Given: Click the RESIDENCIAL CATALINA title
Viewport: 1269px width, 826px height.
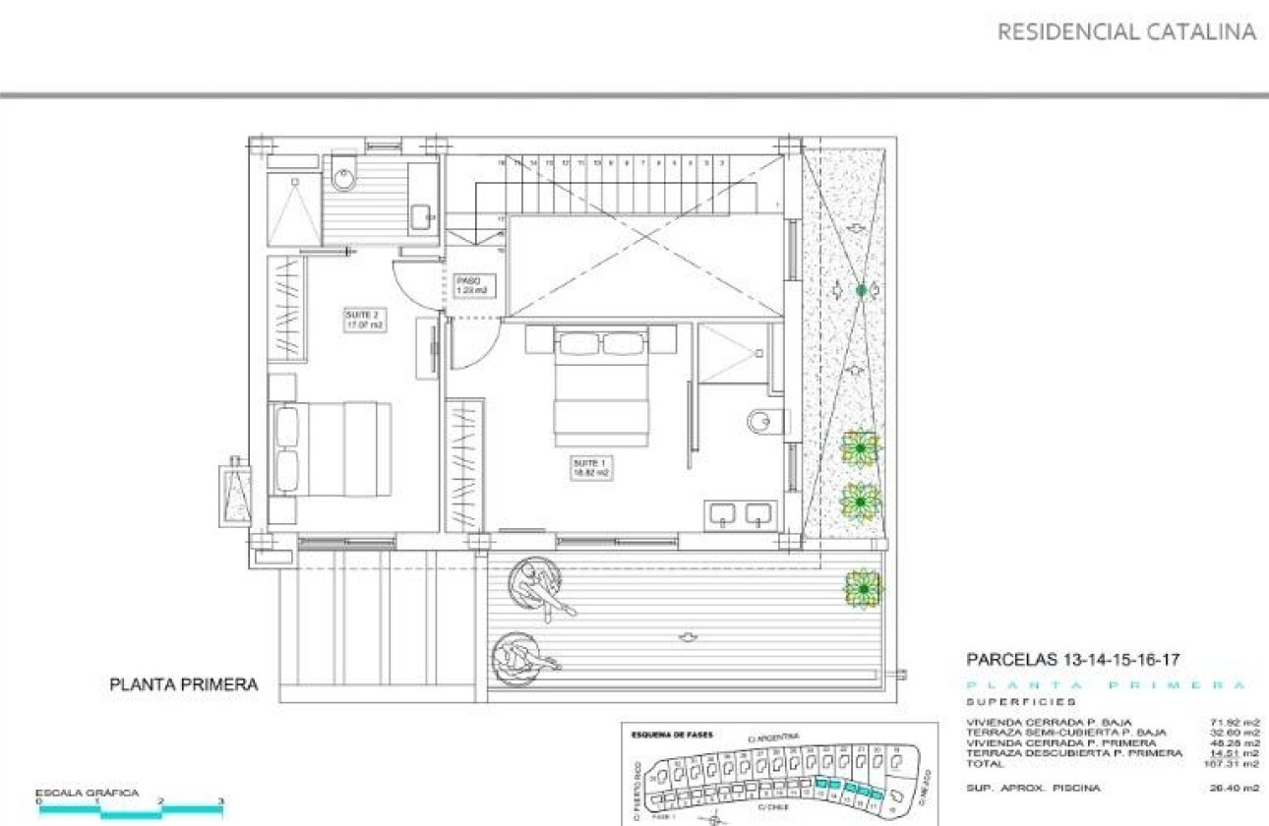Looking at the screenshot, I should tap(1126, 31).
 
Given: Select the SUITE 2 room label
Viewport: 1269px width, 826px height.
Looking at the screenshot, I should tap(362, 321).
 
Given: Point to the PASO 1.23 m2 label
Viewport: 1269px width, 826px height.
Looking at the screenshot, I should tap(471, 285).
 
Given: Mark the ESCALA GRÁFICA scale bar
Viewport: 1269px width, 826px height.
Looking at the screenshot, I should tap(131, 808).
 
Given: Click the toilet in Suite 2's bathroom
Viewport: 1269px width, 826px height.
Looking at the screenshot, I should tap(343, 174).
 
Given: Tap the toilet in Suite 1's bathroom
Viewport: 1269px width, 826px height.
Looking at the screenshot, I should tap(762, 422).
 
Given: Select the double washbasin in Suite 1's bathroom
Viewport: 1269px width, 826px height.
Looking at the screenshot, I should tap(739, 513).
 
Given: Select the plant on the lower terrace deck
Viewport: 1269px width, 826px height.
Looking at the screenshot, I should tap(863, 588).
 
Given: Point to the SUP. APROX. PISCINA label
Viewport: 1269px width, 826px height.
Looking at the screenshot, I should tap(1033, 788).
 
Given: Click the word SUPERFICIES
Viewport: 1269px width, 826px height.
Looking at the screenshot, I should tap(1020, 702).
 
